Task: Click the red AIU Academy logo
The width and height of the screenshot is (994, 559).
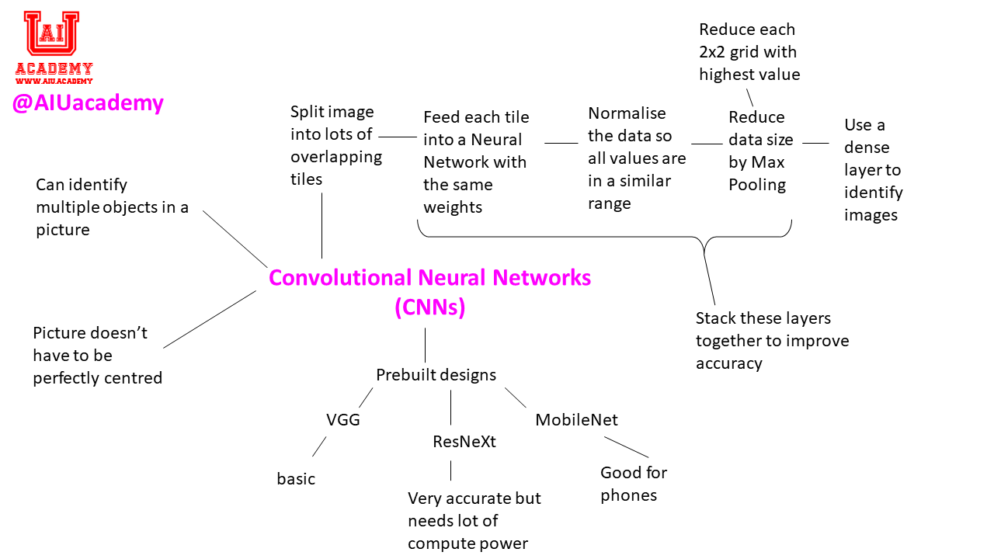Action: point(53,47)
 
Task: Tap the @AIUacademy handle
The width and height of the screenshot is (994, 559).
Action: point(88,102)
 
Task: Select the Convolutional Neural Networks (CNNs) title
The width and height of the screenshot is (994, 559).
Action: point(429,292)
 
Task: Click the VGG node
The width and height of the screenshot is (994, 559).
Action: point(342,420)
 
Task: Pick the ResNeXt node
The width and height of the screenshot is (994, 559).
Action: point(464,442)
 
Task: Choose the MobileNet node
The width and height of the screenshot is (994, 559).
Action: point(576,420)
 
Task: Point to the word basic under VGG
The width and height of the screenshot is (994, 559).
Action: point(296,479)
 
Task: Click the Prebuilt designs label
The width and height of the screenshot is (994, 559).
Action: point(436,375)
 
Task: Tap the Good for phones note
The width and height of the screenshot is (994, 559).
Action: point(633,484)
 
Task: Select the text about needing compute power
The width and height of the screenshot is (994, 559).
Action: point(474,520)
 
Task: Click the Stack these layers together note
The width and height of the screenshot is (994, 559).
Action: point(772,340)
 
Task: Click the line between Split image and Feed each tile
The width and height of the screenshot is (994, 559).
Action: point(398,137)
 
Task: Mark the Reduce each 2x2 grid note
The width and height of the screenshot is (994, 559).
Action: point(749,52)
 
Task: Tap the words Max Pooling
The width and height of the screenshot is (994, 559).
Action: point(757,173)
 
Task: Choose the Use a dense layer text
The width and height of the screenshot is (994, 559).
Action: point(873,169)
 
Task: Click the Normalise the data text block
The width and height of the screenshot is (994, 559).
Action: point(637,158)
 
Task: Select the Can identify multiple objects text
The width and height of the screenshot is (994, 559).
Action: point(112,207)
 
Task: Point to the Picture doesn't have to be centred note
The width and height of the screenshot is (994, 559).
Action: point(97,356)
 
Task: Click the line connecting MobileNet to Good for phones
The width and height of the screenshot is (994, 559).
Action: point(626,447)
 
